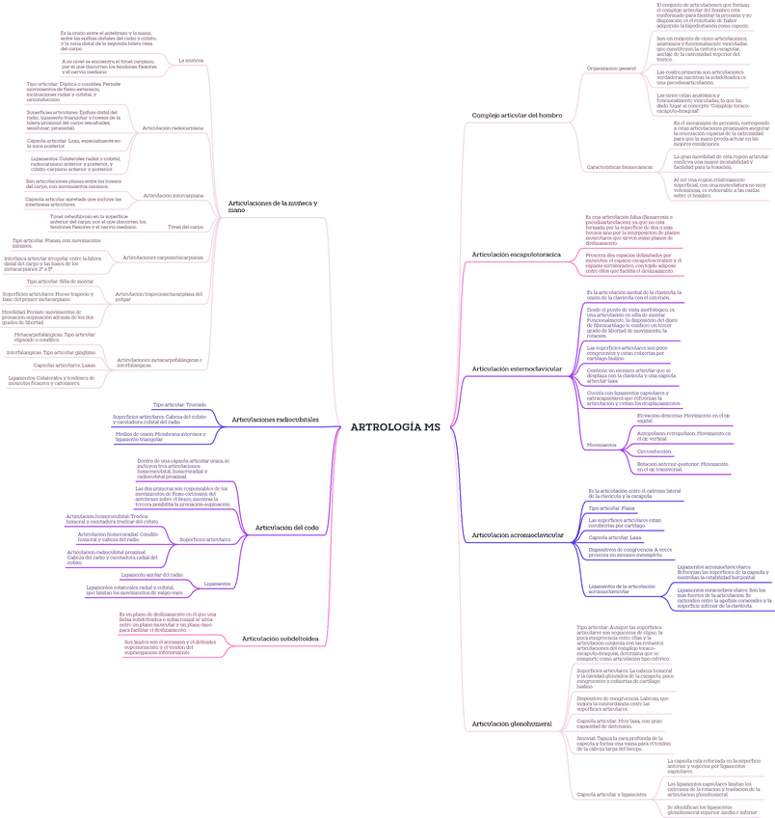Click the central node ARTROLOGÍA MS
pyautogui.click(x=395, y=426)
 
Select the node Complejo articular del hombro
pyautogui.click(x=517, y=115)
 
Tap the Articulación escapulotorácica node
pyautogui.click(x=516, y=254)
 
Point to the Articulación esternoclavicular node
pyautogui.click(x=517, y=368)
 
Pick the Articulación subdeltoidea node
pyautogui.click(x=280, y=639)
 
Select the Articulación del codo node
pyautogui.click(x=286, y=528)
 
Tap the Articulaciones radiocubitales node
pyautogui.click(x=276, y=420)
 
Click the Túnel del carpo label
pyautogui.click(x=185, y=227)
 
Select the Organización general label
pyautogui.click(x=611, y=69)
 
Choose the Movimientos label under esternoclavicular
pyautogui.click(x=602, y=444)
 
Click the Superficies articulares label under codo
pyautogui.click(x=205, y=539)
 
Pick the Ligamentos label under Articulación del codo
pyautogui.click(x=217, y=584)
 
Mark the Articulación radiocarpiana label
pyautogui.click(x=173, y=128)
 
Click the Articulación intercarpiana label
pyautogui.click(x=173, y=195)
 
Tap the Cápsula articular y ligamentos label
pyautogui.click(x=611, y=794)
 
